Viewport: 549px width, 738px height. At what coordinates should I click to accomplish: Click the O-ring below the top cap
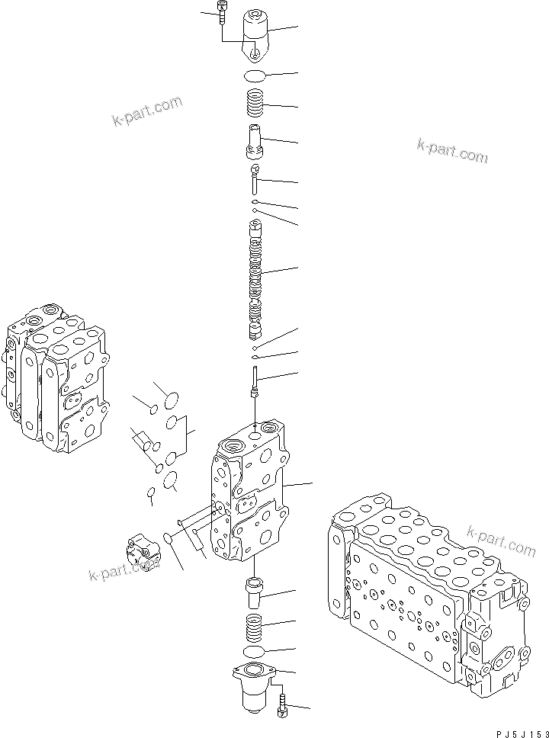click(x=255, y=75)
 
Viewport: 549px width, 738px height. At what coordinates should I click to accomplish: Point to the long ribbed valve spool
click(x=255, y=279)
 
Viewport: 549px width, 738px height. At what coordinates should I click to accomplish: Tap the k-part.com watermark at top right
click(x=451, y=150)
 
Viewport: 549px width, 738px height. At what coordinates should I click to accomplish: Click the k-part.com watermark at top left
click(x=147, y=111)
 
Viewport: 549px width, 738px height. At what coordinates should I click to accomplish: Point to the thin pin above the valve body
click(x=256, y=381)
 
